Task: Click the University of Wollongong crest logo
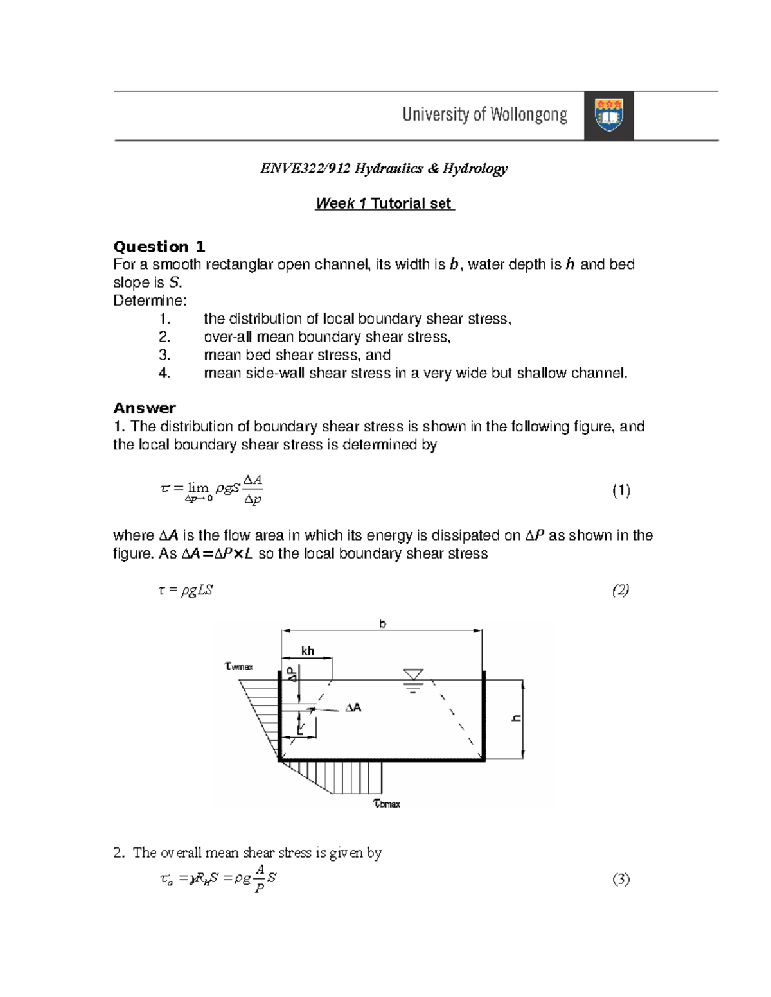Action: point(608,116)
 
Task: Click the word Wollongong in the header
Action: point(529,115)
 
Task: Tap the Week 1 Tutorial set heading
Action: point(384,204)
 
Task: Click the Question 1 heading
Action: point(159,247)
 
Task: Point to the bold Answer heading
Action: point(145,408)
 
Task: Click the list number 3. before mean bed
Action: point(164,355)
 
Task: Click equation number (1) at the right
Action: point(621,491)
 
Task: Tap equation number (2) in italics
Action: point(620,590)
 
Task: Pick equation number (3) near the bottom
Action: point(621,880)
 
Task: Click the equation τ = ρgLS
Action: point(186,591)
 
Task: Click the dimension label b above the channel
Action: point(383,623)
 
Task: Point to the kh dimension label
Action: point(308,651)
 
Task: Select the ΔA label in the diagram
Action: point(353,707)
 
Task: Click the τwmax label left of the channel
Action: point(239,666)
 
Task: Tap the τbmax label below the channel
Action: point(387,803)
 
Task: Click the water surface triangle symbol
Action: point(414,675)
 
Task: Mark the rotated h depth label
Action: point(515,718)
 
